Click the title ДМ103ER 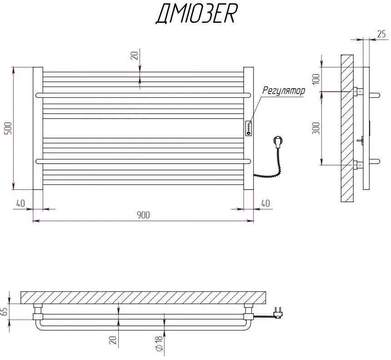[x=196, y=15]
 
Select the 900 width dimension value [x=143, y=215]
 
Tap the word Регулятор [x=283, y=90]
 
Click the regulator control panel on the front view [x=249, y=128]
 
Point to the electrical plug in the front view [x=277, y=142]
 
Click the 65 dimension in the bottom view [x=4, y=312]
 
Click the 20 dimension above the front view [x=134, y=55]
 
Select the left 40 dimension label [x=20, y=203]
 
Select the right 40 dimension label [x=265, y=203]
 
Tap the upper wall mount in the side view [x=358, y=92]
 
